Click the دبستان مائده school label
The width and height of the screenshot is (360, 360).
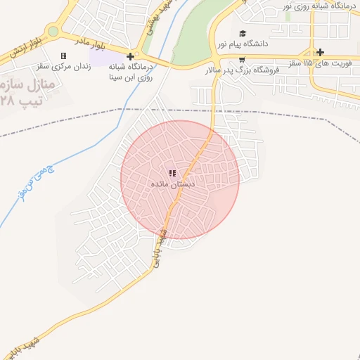173,184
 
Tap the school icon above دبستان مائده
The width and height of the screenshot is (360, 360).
173,173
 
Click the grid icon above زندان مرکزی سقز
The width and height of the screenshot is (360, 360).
64,56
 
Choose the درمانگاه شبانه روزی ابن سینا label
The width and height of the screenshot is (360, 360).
131,71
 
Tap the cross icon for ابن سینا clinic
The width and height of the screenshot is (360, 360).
130,56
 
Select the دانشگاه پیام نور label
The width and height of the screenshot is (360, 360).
243,44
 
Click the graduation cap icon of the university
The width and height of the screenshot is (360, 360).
243,34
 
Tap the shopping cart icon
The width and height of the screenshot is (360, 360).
242,60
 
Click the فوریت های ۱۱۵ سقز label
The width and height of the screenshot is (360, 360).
306,63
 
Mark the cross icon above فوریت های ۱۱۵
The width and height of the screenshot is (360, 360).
321,52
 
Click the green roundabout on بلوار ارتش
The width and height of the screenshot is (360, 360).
53,31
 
